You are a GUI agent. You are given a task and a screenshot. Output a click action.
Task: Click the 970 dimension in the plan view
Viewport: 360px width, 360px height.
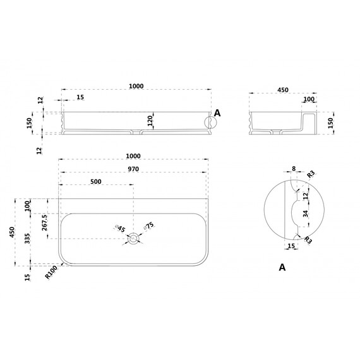coord(133,169)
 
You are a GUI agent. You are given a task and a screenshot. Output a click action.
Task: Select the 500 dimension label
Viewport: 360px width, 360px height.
coord(96,182)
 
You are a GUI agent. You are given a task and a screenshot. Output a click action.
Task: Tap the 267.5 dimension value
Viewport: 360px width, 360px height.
coord(45,223)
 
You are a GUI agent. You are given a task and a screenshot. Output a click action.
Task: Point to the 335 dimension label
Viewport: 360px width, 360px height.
coord(27,238)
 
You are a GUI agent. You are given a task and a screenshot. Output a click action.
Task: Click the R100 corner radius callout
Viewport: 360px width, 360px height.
coord(51,272)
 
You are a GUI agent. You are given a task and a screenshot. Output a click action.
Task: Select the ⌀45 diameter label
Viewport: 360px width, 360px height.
coord(120,228)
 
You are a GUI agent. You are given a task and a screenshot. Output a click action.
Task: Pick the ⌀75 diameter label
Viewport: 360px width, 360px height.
coord(149,225)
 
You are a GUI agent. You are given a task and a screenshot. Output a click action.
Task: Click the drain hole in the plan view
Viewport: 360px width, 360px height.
coord(133,239)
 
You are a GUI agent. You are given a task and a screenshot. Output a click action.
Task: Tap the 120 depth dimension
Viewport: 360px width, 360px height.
coord(150,121)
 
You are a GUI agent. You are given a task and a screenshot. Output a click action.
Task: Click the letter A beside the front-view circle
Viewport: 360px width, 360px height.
coord(217,113)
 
